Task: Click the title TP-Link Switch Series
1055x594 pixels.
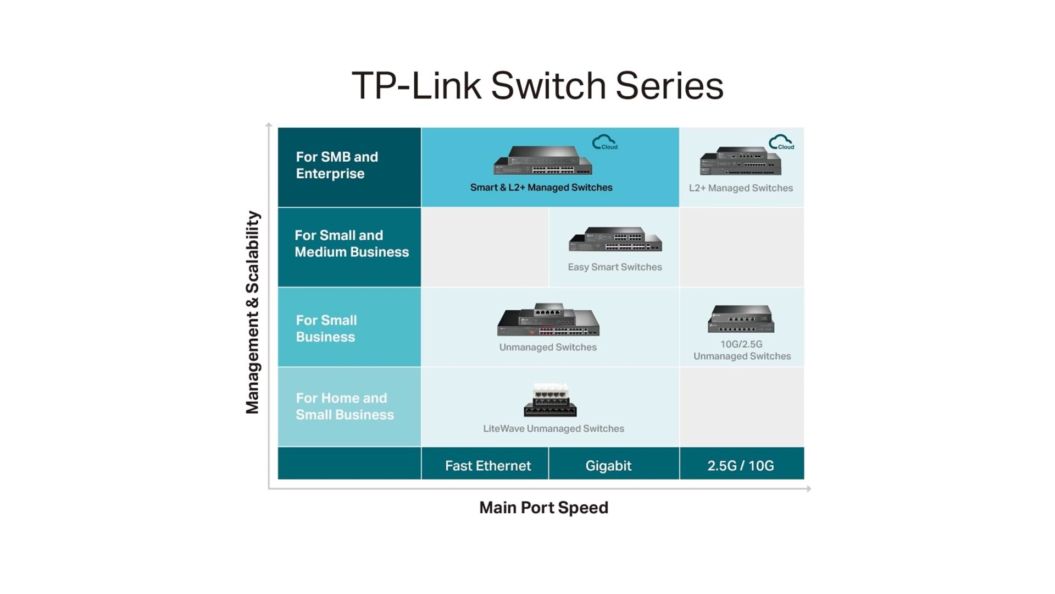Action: (537, 86)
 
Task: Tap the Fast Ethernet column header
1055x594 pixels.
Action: (487, 466)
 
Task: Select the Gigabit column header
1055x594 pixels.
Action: (608, 466)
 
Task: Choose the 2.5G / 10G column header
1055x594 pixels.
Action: (740, 466)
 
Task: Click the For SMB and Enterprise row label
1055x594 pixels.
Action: (337, 165)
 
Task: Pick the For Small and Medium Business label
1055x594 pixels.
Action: (352, 244)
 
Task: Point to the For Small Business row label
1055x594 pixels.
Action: (326, 328)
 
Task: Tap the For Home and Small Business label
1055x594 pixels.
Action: (345, 406)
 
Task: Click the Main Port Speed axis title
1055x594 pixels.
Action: (543, 508)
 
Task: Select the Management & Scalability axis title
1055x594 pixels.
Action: (252, 312)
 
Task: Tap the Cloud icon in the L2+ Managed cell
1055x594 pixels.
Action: (781, 142)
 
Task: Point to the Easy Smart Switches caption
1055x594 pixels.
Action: (614, 267)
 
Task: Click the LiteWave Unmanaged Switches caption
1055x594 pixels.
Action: (553, 428)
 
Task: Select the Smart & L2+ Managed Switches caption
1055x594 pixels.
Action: (541, 188)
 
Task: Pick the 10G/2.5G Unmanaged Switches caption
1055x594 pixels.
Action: (742, 350)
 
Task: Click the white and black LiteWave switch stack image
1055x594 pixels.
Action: (550, 400)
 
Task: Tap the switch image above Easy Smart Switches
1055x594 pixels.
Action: (615, 239)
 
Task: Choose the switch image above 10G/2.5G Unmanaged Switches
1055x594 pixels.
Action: (741, 318)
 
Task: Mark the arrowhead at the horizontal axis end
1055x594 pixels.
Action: (808, 488)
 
